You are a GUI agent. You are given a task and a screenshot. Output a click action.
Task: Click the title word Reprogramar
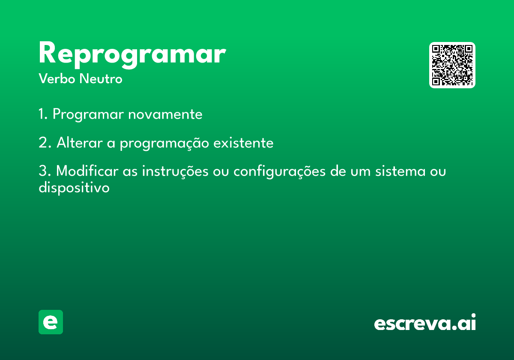click(x=132, y=55)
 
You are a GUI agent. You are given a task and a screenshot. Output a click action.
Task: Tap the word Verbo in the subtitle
click(x=57, y=78)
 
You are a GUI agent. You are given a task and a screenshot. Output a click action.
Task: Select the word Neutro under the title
click(x=101, y=78)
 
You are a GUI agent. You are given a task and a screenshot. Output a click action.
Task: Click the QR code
click(x=452, y=65)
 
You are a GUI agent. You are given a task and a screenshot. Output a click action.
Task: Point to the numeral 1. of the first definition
click(x=43, y=114)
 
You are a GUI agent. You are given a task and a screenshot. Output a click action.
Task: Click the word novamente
click(x=165, y=114)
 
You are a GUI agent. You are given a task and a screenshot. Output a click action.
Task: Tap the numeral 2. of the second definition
click(x=45, y=143)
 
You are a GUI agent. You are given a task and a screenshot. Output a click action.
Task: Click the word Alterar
click(x=80, y=143)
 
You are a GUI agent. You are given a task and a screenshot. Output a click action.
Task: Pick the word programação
click(x=164, y=143)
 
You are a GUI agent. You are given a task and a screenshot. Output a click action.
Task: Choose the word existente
click(x=243, y=143)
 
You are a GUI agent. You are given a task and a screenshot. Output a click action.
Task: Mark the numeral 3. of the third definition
click(x=45, y=171)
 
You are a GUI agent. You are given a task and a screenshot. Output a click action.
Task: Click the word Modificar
click(x=87, y=171)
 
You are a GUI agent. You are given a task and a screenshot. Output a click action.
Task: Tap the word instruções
click(x=175, y=171)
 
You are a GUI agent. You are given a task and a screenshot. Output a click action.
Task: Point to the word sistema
click(x=400, y=171)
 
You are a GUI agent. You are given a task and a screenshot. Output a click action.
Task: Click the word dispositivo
click(x=74, y=187)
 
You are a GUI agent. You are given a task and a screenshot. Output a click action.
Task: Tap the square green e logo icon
click(x=51, y=322)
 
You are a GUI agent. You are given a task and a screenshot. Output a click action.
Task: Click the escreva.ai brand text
click(x=425, y=322)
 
